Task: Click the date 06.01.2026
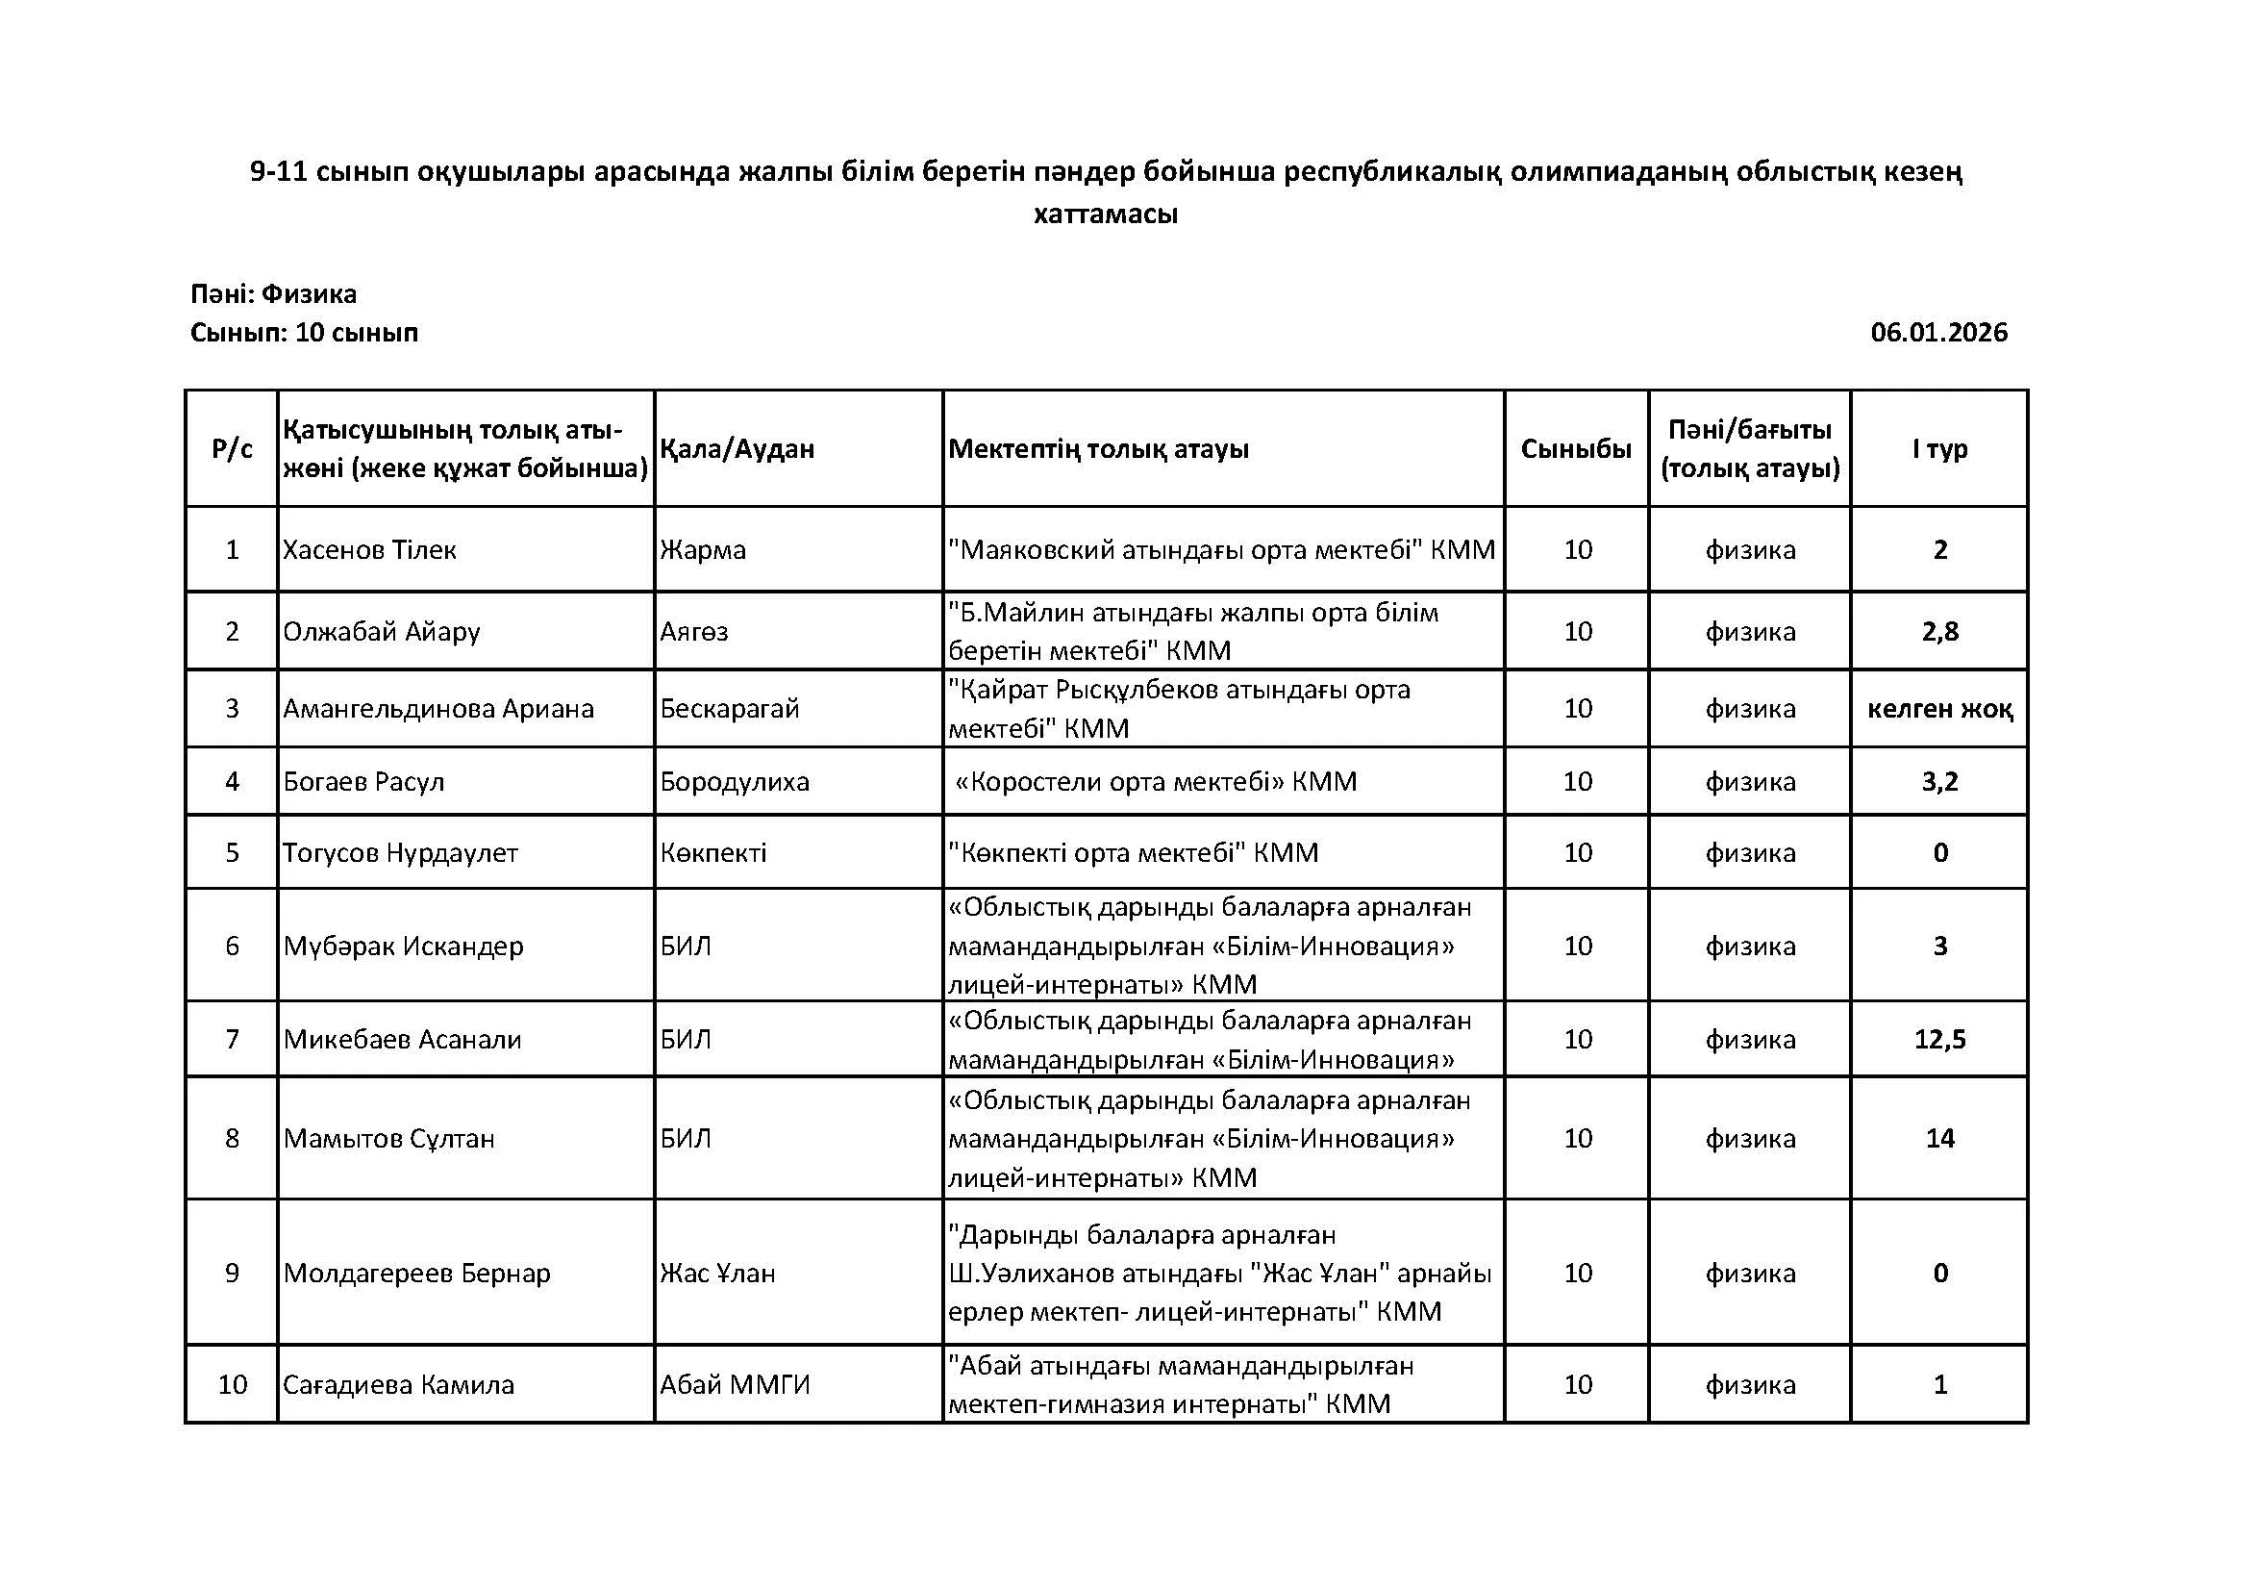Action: (x=1938, y=333)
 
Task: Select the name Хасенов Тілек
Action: (x=369, y=549)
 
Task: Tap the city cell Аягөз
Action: (x=693, y=631)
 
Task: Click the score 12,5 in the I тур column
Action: (x=1939, y=1039)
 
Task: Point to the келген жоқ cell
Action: (x=1939, y=708)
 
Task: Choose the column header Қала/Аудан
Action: (x=737, y=448)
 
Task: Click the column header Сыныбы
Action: (x=1576, y=448)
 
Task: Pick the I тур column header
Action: (x=1939, y=448)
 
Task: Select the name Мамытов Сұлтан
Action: (x=388, y=1138)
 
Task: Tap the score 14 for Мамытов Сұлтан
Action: (x=1939, y=1138)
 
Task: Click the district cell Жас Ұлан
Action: (x=717, y=1273)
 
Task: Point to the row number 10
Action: (x=232, y=1384)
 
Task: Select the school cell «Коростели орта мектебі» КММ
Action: (x=1156, y=782)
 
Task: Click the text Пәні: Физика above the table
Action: (x=273, y=294)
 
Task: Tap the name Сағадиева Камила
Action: (x=398, y=1384)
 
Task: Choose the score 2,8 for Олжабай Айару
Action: (x=1939, y=631)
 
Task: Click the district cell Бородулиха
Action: (x=735, y=782)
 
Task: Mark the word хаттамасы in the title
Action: (x=1105, y=214)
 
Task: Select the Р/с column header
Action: (x=232, y=448)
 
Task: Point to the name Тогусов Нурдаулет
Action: (x=400, y=852)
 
